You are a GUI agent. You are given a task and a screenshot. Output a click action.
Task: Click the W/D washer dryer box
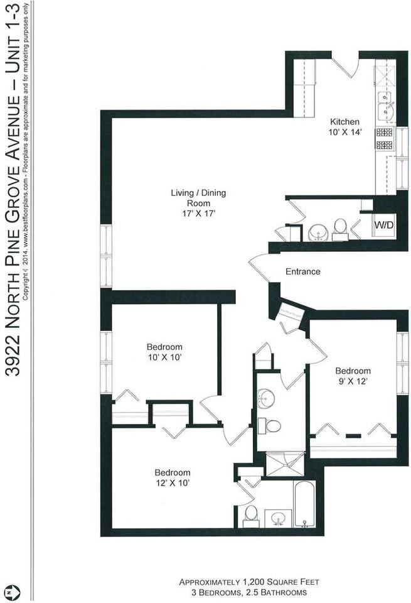coord(385,225)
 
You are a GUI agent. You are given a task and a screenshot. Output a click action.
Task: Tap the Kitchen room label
coord(344,121)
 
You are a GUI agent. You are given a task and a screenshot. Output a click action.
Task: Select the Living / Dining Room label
coord(198,198)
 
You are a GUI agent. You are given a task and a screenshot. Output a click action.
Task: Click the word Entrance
coord(302,271)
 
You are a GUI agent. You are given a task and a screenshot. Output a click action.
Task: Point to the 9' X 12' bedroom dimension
coord(353,381)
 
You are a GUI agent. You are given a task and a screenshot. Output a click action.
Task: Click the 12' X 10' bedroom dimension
coord(173,482)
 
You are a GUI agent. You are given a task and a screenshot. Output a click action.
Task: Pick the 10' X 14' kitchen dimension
coord(345,132)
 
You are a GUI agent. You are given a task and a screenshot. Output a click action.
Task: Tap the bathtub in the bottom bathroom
coord(304,504)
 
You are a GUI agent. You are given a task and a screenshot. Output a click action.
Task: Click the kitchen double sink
coord(386,108)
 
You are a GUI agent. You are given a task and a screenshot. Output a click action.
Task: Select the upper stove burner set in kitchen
coord(385,133)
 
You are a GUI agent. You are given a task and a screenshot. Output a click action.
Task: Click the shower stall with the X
coord(285,464)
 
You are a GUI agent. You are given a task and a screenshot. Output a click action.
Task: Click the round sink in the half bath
coord(318,233)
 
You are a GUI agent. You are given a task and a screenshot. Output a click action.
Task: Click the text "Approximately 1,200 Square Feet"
coord(249,582)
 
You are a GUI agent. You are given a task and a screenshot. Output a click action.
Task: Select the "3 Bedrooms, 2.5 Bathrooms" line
coord(248,592)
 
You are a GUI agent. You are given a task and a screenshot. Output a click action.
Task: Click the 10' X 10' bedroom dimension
coord(164,357)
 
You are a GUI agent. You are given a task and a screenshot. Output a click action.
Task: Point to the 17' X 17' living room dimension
coord(198,214)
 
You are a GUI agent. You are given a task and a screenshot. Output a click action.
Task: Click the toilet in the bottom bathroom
coord(250,516)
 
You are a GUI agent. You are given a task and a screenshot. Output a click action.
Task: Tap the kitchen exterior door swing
coord(344,65)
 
